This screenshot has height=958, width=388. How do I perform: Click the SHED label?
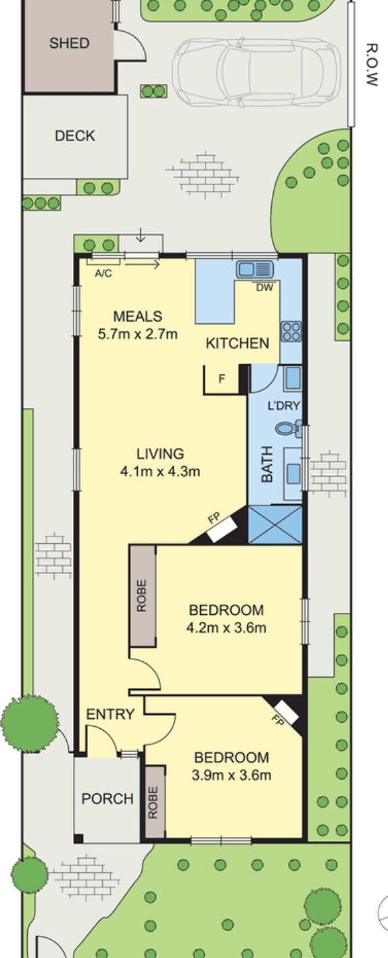coord(69,43)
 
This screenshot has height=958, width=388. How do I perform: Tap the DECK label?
coord(75,136)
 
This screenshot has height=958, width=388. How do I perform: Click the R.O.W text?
coord(372,65)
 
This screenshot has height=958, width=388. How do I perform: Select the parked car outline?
coord(256,72)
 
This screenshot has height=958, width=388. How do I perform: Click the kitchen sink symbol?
coord(255,269)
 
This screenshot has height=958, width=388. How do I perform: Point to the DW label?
coord(264,288)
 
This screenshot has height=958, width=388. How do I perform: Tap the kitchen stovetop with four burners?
coord(291,332)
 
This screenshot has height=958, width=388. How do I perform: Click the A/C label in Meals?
coord(103,274)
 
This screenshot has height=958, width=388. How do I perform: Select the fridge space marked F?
coord(222,379)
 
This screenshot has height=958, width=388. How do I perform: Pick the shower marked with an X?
coord(274,525)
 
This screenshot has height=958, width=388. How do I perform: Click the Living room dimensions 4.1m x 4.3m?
coord(160,472)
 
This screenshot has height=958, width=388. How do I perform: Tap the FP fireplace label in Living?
coord(213,519)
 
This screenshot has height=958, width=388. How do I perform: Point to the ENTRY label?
coord(110,714)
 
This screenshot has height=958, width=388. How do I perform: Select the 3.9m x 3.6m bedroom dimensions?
coord(231,774)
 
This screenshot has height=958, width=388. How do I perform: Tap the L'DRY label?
coord(284,405)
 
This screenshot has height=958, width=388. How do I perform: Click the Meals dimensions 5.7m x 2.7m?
coord(138,334)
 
